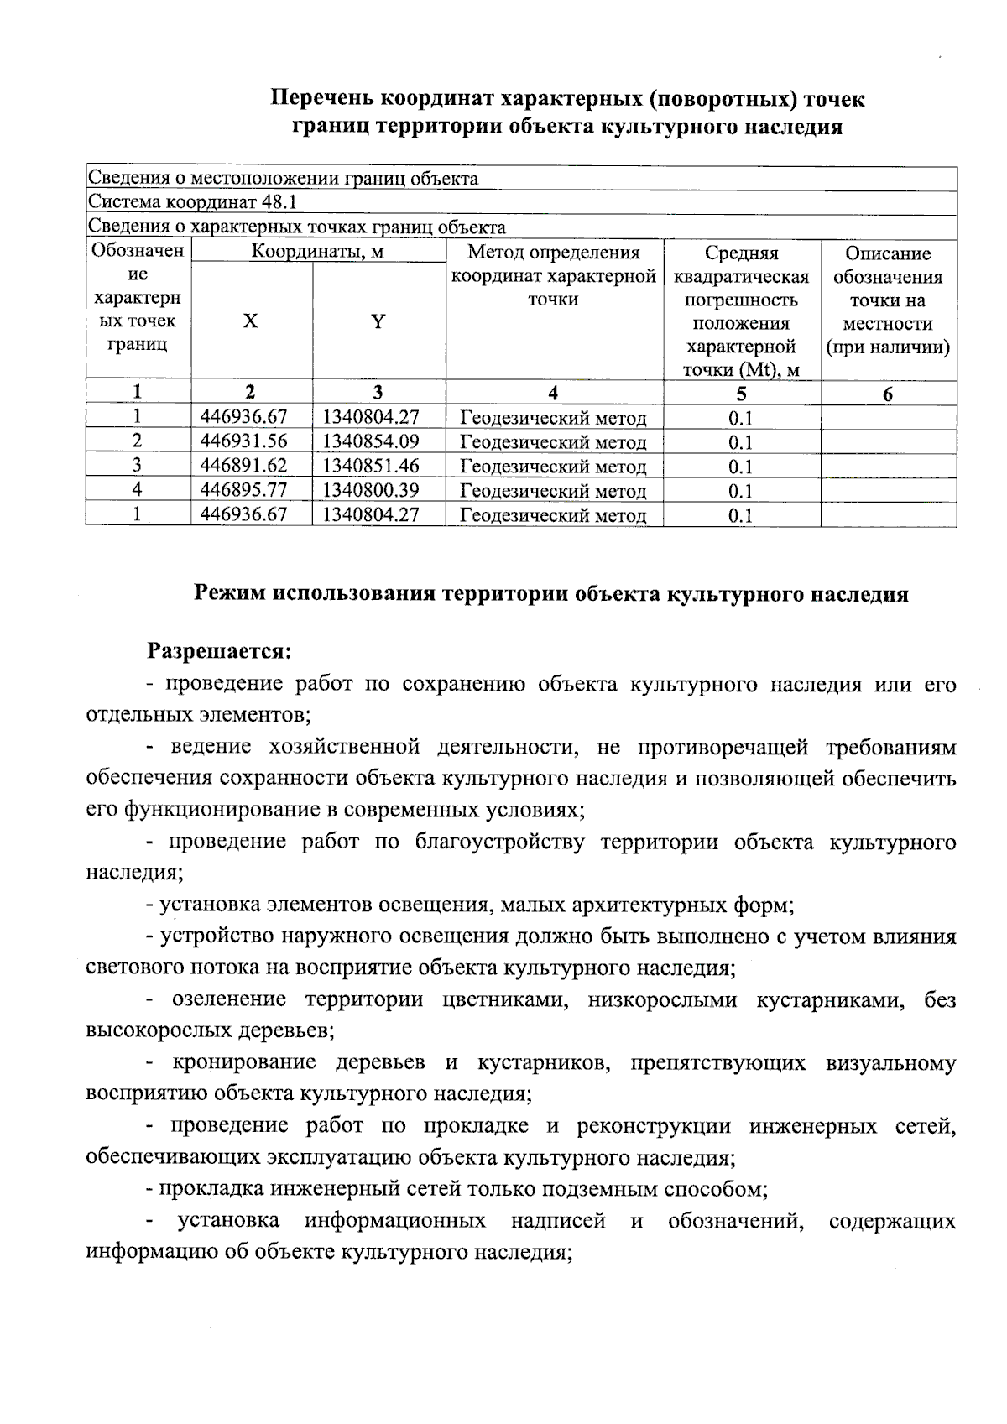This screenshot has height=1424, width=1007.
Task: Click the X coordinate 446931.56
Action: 243,441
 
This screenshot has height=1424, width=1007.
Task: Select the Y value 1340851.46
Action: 371,466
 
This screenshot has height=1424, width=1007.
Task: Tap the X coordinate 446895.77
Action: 243,490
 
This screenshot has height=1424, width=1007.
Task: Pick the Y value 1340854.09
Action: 371,441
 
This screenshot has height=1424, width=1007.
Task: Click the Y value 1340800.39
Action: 371,490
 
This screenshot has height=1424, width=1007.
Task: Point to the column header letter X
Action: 250,321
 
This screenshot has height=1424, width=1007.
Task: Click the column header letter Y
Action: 378,321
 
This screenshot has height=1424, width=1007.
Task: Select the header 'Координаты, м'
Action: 318,252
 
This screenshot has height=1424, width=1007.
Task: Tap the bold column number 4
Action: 553,393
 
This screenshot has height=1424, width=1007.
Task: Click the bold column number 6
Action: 888,394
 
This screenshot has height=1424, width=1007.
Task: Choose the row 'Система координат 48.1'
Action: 192,203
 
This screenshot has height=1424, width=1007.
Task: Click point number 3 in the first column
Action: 137,466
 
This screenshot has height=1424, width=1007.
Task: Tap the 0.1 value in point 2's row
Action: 740,442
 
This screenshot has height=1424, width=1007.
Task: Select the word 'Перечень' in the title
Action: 322,99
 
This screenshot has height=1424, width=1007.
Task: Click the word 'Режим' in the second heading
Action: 230,594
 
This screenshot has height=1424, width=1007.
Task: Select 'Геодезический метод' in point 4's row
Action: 553,491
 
